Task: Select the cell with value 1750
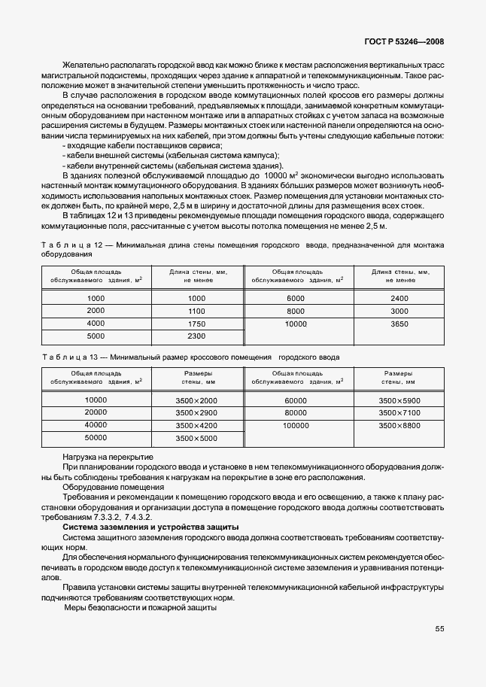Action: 196,324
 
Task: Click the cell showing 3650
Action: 400,324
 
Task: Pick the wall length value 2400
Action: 400,299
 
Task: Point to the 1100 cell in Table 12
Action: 196,311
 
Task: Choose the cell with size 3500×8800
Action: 400,426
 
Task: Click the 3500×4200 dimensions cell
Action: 196,426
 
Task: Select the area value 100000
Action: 296,426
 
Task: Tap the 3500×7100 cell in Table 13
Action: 400,413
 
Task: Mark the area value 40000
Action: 96,426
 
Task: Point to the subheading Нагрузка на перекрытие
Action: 108,457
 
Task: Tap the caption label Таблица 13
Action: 67,357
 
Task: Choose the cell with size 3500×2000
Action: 196,400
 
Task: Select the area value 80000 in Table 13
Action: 296,413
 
